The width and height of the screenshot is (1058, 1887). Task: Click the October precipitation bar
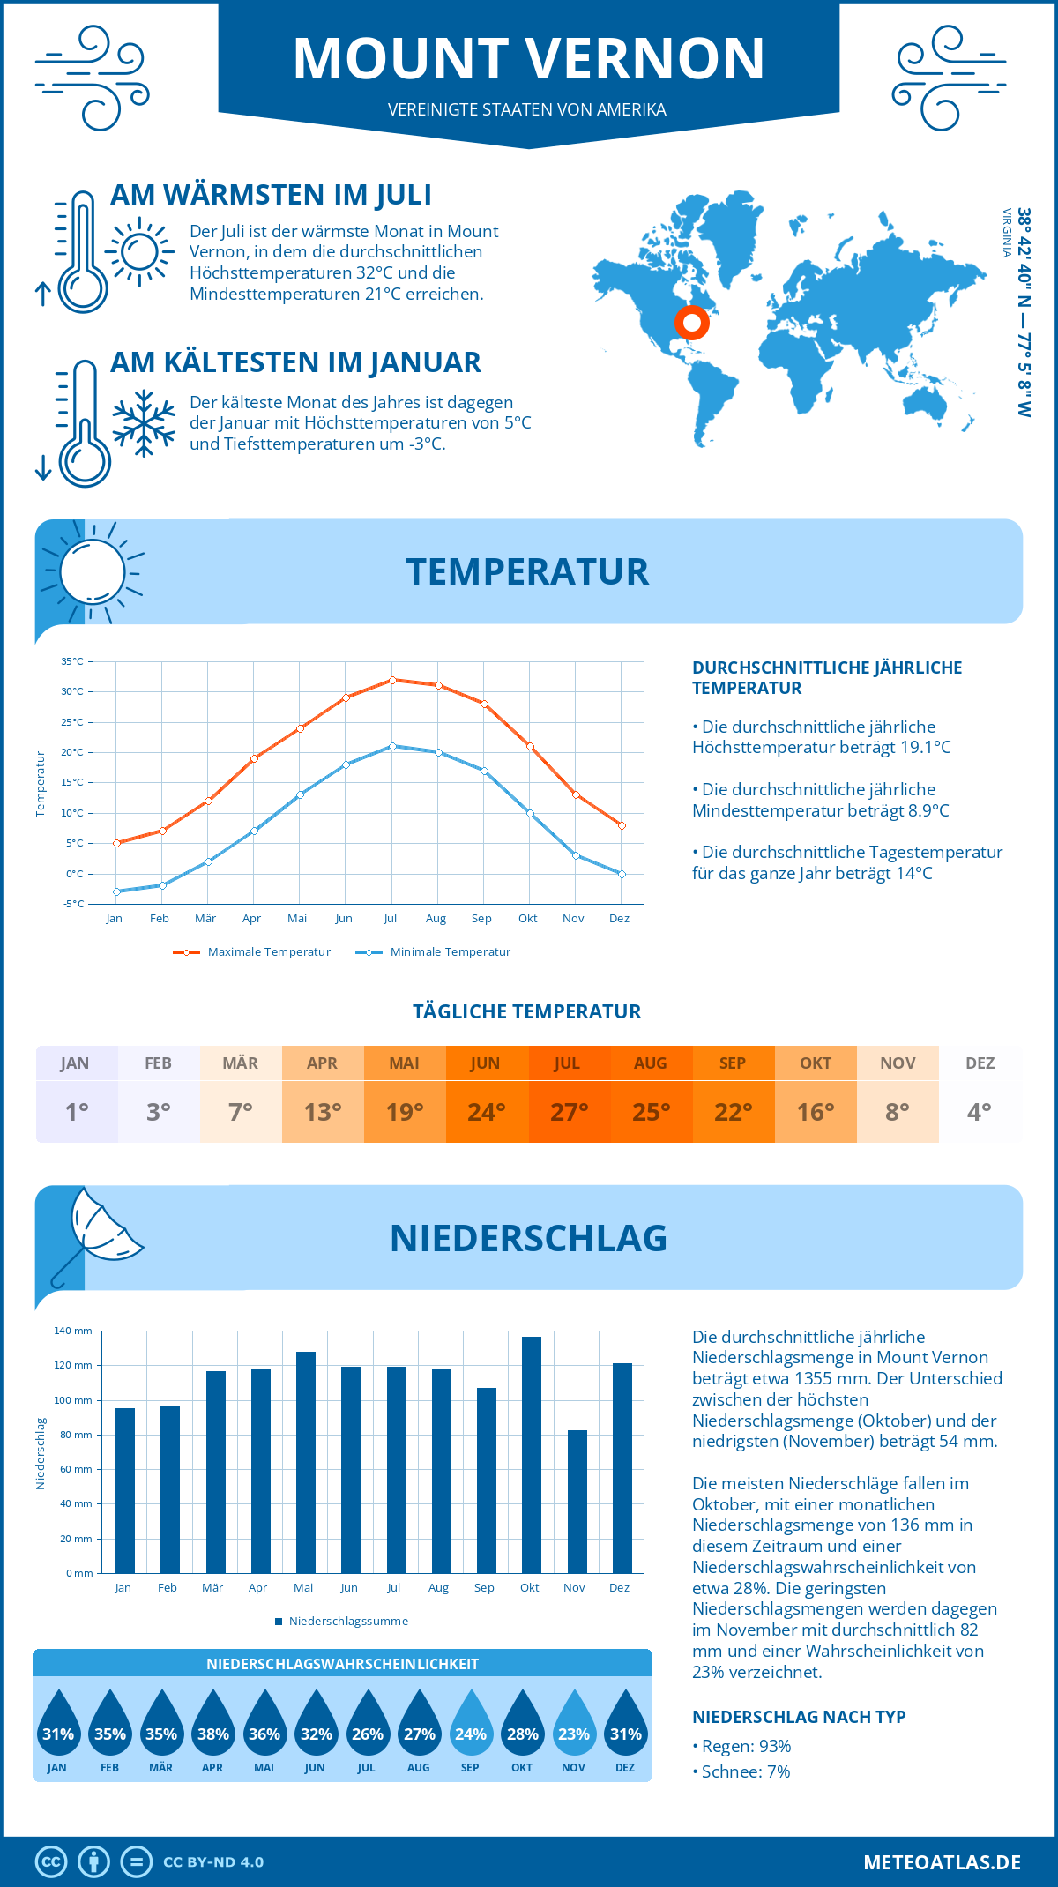(531, 1455)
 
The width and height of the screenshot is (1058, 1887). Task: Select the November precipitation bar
(577, 1501)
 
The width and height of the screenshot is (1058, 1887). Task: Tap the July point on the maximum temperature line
(392, 680)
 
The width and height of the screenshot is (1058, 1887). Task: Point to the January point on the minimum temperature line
(116, 891)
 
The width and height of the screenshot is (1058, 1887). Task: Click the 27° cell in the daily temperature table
(569, 1112)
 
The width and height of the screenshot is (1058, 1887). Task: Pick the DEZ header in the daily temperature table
(980, 1063)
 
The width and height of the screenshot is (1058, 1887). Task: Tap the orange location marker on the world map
(692, 323)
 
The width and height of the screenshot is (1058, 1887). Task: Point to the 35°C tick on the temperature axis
(72, 661)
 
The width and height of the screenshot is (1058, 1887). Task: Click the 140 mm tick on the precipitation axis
(73, 1331)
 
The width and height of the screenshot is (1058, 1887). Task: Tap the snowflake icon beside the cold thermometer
(144, 422)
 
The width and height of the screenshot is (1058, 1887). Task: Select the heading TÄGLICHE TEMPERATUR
(527, 1012)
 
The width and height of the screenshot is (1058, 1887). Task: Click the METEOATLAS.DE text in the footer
(942, 1862)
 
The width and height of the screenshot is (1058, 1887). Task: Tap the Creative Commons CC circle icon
(51, 1862)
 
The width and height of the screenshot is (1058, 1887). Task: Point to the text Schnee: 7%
(745, 1771)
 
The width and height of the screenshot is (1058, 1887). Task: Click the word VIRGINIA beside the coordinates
(1006, 233)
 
